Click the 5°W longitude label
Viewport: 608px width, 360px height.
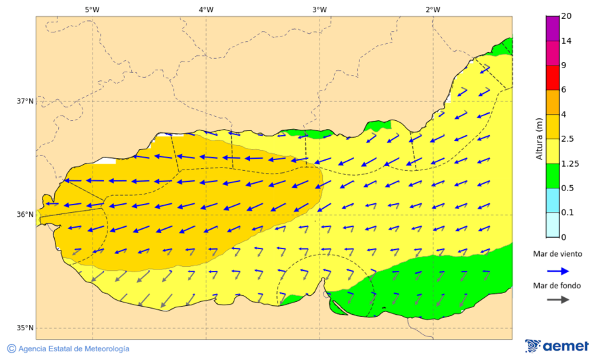coord(92,9)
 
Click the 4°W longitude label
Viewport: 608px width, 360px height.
coord(206,9)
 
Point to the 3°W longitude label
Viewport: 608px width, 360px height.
coord(320,9)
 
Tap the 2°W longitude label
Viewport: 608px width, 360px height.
coord(433,9)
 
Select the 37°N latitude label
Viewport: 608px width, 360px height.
coord(25,101)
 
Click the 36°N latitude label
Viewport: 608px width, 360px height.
coord(25,215)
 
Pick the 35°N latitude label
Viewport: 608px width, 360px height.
coord(25,328)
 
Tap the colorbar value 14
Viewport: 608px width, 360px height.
coord(567,41)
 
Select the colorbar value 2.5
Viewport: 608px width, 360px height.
coord(569,139)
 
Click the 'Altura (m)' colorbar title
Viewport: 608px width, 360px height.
coord(539,139)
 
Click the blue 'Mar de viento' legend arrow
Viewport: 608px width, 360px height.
coord(557,271)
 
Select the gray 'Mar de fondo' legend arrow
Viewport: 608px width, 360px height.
coord(557,301)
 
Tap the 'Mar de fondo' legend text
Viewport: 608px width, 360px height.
coord(557,286)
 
